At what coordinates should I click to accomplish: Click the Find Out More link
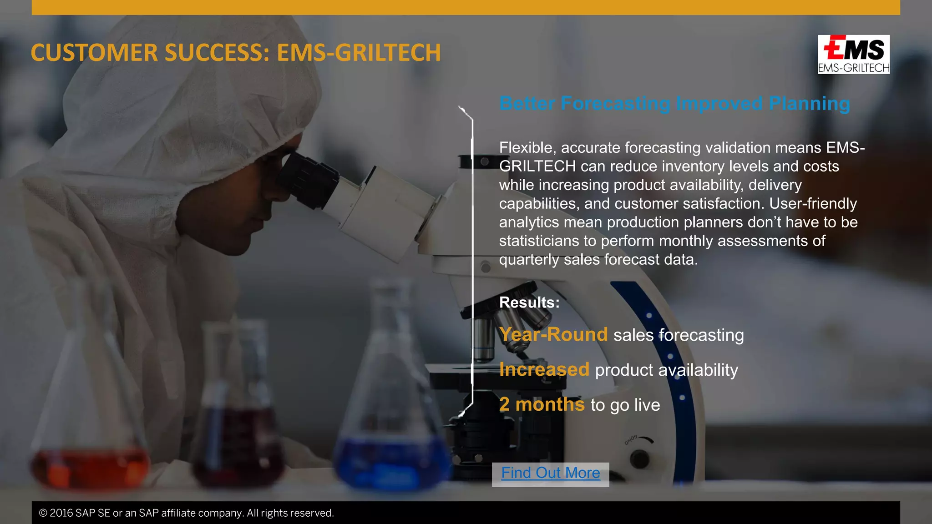click(550, 474)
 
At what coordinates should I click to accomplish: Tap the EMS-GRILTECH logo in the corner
click(853, 54)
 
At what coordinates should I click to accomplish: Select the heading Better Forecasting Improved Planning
click(674, 104)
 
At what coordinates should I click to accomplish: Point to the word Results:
click(529, 302)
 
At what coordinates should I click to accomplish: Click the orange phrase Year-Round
click(553, 335)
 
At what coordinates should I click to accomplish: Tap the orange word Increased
click(544, 370)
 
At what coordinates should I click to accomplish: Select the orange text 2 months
click(542, 404)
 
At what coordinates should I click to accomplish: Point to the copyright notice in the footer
click(187, 513)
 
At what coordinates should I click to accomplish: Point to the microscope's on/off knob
click(640, 458)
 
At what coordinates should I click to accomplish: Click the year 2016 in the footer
click(61, 513)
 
